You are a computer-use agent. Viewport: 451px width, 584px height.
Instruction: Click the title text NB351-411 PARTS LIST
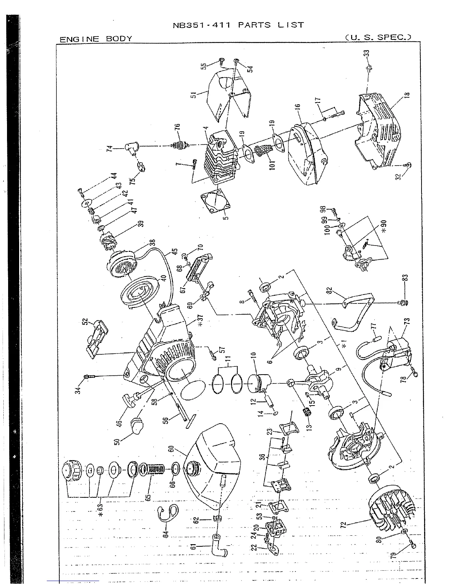tap(238, 25)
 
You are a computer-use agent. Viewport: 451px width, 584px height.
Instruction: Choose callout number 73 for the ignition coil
tap(406, 321)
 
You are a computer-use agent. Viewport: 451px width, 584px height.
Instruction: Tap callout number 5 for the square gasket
tap(226, 214)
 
